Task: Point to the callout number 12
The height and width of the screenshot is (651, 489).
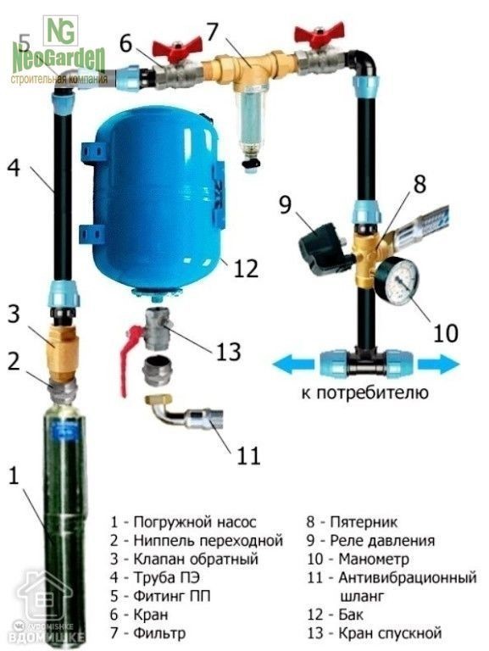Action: pyautogui.click(x=245, y=270)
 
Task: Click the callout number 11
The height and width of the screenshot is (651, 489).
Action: pyautogui.click(x=247, y=455)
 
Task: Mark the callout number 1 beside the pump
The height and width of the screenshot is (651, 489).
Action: pyautogui.click(x=12, y=476)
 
